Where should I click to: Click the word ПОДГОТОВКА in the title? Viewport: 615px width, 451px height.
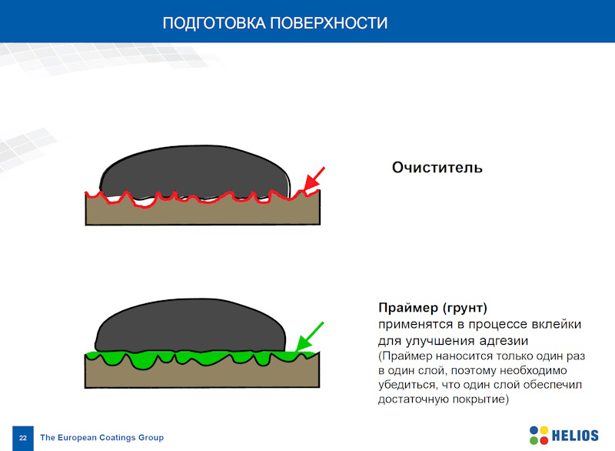pyautogui.click(x=214, y=23)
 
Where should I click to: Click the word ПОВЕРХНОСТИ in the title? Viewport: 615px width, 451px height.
pyautogui.click(x=329, y=23)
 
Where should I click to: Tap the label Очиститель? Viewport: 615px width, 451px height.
pyautogui.click(x=437, y=168)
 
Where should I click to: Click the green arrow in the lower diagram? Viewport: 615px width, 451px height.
pyautogui.click(x=310, y=336)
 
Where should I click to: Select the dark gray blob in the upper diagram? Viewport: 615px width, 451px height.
pyautogui.click(x=195, y=172)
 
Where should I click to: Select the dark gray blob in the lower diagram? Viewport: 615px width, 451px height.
pyautogui.click(x=190, y=326)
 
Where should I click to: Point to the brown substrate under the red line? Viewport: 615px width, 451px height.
pyautogui.click(x=202, y=213)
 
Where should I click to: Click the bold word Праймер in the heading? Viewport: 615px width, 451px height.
pyautogui.click(x=408, y=308)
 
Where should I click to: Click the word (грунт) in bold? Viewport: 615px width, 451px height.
pyautogui.click(x=465, y=308)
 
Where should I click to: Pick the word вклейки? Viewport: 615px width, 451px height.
pyautogui.click(x=557, y=324)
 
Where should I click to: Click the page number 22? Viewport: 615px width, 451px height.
pyautogui.click(x=23, y=438)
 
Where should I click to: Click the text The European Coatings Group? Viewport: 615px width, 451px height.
pyautogui.click(x=102, y=437)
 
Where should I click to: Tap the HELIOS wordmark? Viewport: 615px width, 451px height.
pyautogui.click(x=575, y=436)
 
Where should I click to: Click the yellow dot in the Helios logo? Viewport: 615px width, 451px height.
pyautogui.click(x=544, y=430)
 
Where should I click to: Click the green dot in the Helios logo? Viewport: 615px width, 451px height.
pyautogui.click(x=534, y=440)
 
